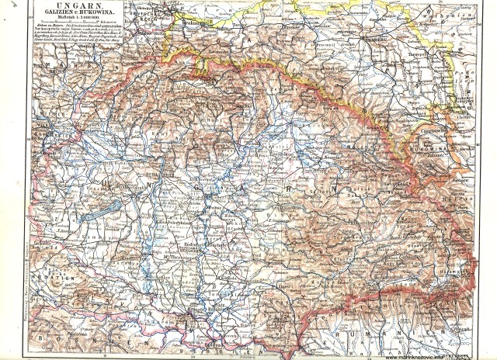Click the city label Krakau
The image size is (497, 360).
pos(200,26)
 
